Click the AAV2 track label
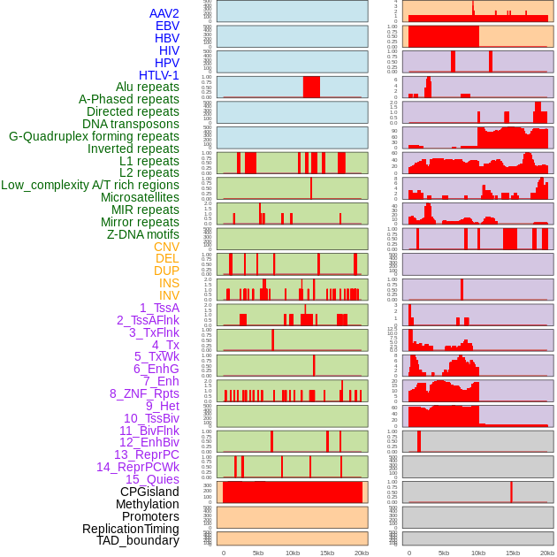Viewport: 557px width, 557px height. coord(164,13)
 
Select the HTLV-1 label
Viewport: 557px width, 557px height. coord(159,75)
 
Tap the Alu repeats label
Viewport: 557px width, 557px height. coord(148,88)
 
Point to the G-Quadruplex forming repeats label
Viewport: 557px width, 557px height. coord(94,136)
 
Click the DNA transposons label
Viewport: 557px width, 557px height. coord(131,124)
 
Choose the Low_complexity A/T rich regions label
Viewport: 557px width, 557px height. coord(90,185)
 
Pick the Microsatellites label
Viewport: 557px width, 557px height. coord(140,197)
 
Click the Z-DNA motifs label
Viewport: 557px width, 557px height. coord(143,234)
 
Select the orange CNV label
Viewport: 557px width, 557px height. coord(166,247)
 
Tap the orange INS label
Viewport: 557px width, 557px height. coord(169,283)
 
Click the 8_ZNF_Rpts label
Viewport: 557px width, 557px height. coord(144,393)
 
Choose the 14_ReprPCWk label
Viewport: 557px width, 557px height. coord(138,467)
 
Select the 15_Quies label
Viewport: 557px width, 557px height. coord(152,479)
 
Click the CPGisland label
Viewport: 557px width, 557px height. coord(149,492)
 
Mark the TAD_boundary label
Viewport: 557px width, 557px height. coord(138,540)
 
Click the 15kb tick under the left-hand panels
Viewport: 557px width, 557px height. coord(327,553)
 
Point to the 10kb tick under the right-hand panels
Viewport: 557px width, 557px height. coord(478,553)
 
